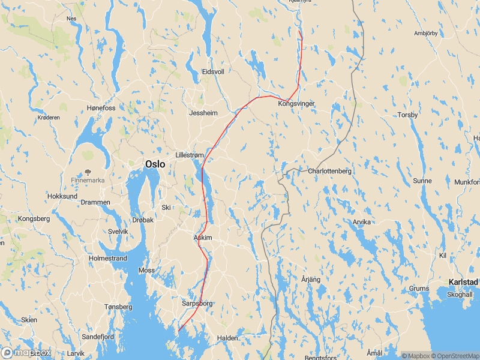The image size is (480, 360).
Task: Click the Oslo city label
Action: click(x=155, y=164)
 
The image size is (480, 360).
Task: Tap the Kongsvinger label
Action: click(x=296, y=104)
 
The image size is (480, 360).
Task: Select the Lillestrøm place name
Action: click(x=189, y=155)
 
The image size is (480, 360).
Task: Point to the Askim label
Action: click(x=203, y=238)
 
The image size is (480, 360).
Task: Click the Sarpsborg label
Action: click(x=197, y=304)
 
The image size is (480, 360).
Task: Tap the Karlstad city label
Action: click(x=463, y=282)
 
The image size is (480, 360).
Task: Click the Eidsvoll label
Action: click(x=213, y=71)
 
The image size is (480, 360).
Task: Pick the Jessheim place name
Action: click(x=203, y=113)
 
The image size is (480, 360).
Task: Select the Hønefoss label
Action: click(x=101, y=108)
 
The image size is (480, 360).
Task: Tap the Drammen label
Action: click(x=95, y=202)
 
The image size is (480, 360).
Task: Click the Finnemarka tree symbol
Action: click(x=88, y=172)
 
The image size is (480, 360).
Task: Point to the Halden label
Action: click(x=227, y=338)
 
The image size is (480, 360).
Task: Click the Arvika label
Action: click(x=362, y=222)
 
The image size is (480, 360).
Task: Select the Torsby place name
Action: click(x=407, y=115)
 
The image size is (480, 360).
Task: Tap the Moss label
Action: click(x=146, y=271)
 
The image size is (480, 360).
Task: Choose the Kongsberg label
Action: click(x=34, y=219)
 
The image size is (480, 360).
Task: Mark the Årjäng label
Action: click(x=311, y=280)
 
